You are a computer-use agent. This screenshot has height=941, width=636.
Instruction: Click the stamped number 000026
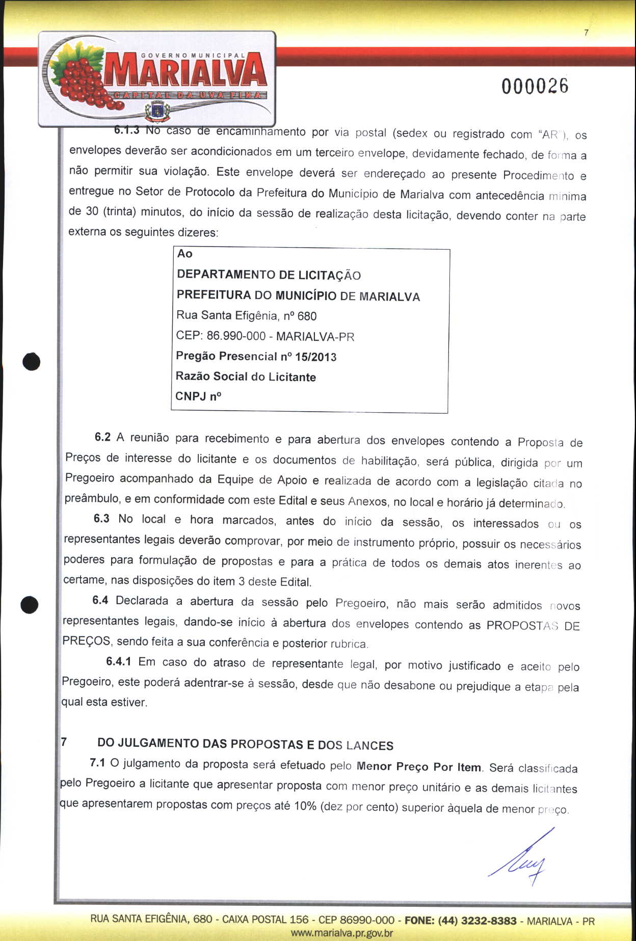pos(535,86)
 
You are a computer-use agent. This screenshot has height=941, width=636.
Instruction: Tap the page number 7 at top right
pos(587,33)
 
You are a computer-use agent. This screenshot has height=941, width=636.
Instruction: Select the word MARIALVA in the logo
pos(186,72)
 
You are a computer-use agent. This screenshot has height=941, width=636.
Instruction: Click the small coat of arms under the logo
pos(157,110)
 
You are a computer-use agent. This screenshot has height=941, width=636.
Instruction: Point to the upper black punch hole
pos(32,361)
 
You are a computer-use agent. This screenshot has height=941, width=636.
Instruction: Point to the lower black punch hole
pos(30,605)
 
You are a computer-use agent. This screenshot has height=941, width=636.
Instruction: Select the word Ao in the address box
pos(184,254)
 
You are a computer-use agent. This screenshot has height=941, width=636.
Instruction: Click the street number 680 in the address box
pos(307,316)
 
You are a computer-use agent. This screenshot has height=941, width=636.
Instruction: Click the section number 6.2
pos(102,437)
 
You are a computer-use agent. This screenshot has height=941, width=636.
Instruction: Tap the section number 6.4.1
pos(118,661)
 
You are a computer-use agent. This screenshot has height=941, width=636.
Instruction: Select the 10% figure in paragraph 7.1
pos(305,806)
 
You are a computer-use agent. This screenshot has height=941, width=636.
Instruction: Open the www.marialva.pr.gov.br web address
pos(341,933)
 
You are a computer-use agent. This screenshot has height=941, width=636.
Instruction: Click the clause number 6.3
pos(101,519)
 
